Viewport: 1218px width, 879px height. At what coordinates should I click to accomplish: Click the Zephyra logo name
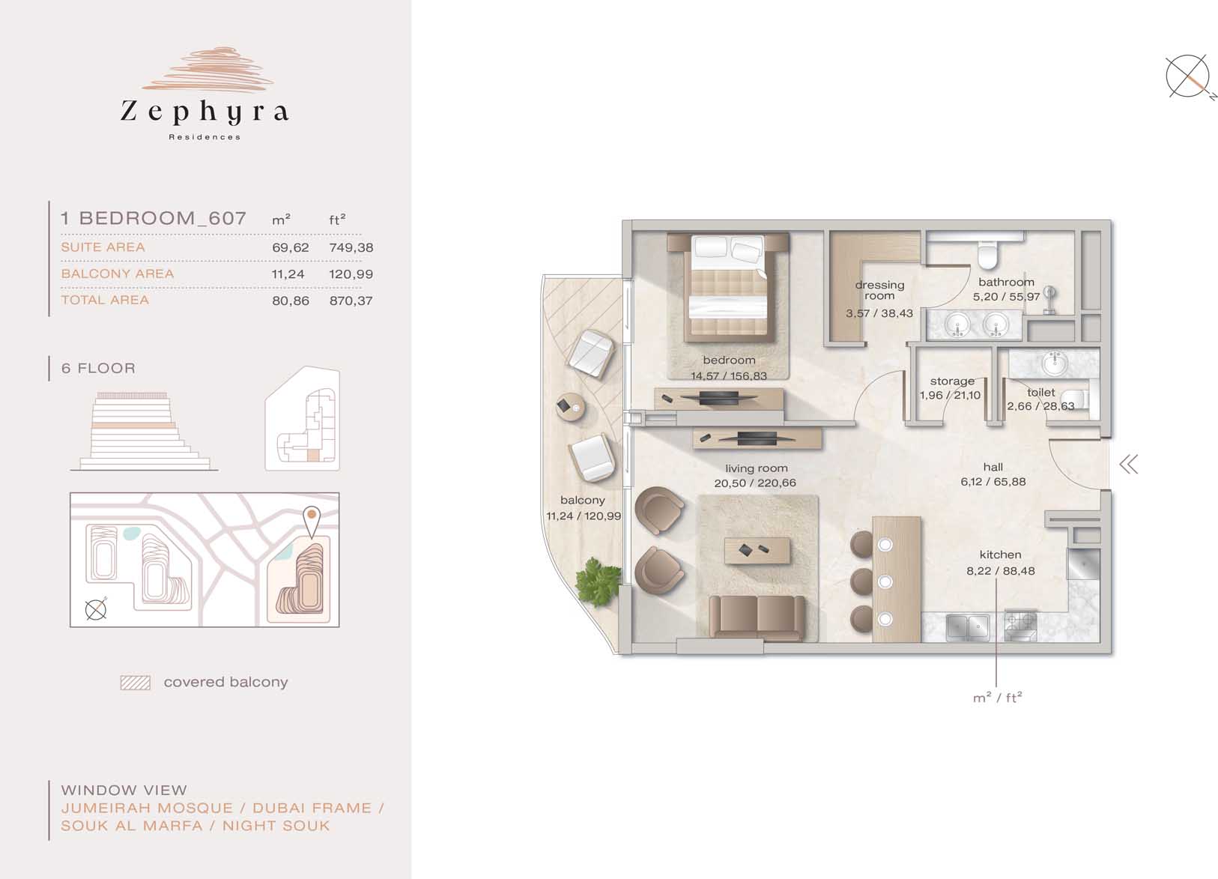click(x=204, y=112)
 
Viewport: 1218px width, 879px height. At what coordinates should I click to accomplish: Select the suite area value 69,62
click(x=291, y=248)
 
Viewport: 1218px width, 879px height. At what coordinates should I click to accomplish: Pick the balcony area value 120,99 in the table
click(x=351, y=274)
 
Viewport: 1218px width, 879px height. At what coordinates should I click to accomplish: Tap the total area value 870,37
click(x=351, y=300)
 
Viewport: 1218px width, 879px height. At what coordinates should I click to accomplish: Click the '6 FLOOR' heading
click(x=98, y=368)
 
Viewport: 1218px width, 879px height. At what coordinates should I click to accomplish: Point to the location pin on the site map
click(x=312, y=522)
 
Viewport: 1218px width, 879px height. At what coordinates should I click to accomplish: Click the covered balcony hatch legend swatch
click(x=136, y=683)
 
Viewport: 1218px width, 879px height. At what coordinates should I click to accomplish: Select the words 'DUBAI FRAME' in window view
click(x=312, y=809)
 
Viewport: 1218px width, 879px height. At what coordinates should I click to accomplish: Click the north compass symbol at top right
click(x=1188, y=76)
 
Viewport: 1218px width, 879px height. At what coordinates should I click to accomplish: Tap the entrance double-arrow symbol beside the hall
click(x=1129, y=465)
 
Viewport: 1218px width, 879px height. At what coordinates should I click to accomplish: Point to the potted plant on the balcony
click(x=598, y=581)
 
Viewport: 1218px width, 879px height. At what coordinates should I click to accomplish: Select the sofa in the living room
click(x=757, y=617)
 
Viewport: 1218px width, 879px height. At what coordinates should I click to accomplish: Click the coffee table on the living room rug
click(x=757, y=551)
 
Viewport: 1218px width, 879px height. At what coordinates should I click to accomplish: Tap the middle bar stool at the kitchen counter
click(x=862, y=581)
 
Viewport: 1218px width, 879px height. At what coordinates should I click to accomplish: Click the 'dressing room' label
click(x=879, y=290)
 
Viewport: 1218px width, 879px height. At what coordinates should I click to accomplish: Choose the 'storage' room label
click(x=952, y=381)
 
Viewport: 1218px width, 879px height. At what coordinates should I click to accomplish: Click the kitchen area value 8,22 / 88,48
click(x=1001, y=571)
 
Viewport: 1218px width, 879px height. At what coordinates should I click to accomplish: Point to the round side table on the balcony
click(x=570, y=407)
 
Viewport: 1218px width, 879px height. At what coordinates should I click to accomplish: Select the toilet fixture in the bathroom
click(x=987, y=256)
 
